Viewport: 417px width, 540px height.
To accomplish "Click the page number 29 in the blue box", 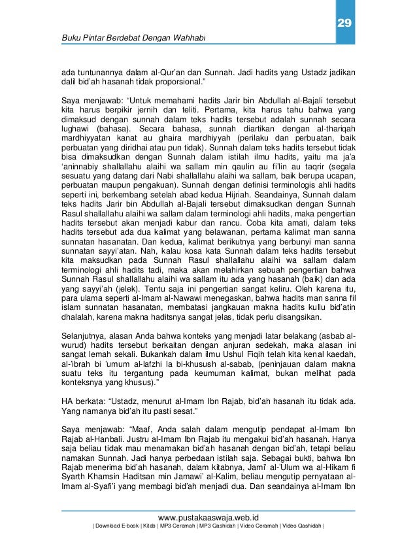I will [x=344, y=24].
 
